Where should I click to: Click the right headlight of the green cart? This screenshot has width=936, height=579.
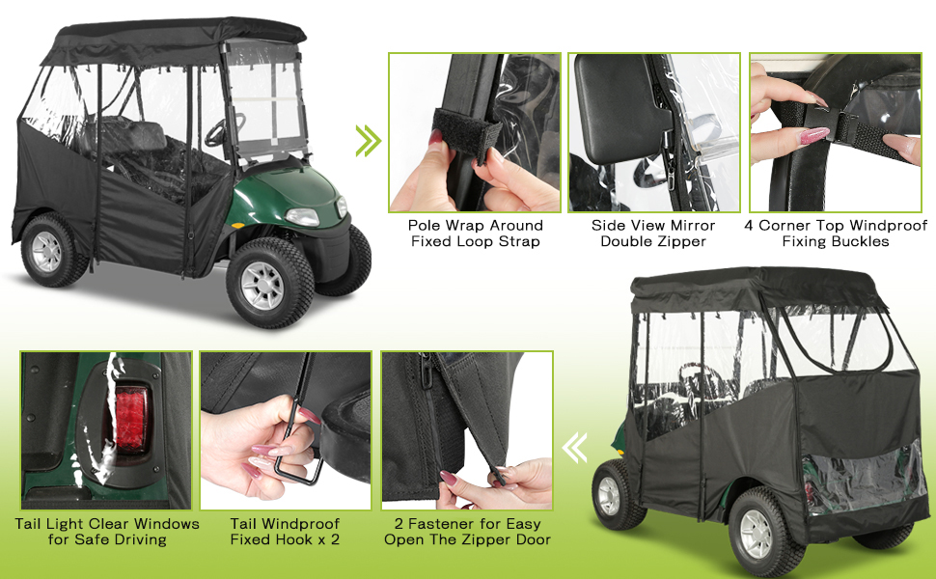[303, 217]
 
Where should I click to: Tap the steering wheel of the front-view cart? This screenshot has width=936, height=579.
[224, 129]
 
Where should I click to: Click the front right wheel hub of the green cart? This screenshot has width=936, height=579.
[262, 285]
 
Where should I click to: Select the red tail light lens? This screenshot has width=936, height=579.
[130, 419]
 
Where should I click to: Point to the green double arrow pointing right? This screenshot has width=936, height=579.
[368, 141]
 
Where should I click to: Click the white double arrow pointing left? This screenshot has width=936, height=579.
[575, 449]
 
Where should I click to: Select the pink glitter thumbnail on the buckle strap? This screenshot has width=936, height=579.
[814, 135]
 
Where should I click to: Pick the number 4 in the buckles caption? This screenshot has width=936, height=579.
[749, 226]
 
